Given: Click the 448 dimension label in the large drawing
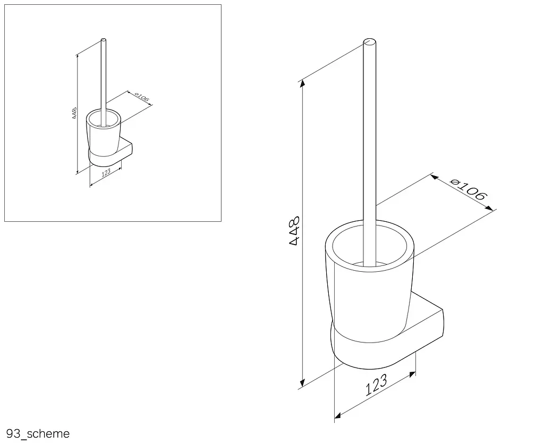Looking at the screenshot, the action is pos(294,231).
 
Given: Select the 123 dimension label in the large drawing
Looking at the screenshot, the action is pos(376,385).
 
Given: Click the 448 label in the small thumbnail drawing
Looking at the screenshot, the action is pos(74,113).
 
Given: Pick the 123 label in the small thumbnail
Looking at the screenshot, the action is pos(106,172).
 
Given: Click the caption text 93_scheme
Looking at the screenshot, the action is pos(38,433).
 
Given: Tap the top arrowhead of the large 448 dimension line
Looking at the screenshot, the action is pos(303,83).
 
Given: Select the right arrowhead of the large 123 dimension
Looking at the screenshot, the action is pos(412,374).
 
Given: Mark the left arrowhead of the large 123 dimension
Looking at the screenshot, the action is pos(337,415).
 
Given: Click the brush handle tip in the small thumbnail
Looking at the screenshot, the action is pos(104,40).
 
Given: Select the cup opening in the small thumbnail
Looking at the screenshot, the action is pos(104,119).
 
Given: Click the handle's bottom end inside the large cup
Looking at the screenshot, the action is pos(370,264).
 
